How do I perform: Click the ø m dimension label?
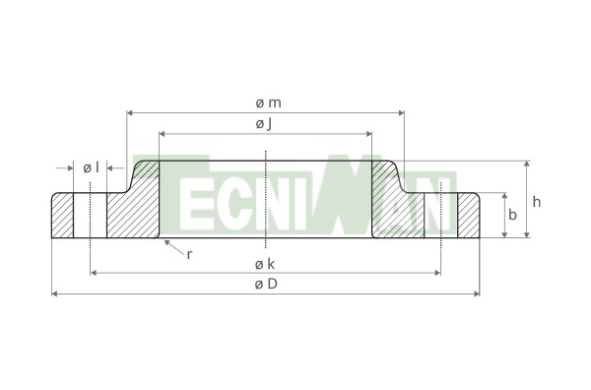[x=268, y=102]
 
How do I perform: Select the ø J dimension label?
[x=264, y=123]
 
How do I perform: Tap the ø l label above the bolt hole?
[x=91, y=167]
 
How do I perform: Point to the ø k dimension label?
[x=265, y=264]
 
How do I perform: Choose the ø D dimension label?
[x=266, y=284]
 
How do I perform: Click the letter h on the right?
[x=537, y=202]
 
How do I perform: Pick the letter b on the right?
[x=512, y=215]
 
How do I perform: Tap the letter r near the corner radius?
[x=189, y=255]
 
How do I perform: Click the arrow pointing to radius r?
[x=173, y=248]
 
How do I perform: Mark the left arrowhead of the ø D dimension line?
[x=54, y=293]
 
